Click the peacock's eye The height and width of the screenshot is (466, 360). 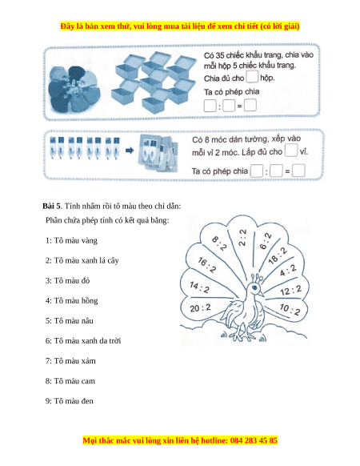coord(254,287)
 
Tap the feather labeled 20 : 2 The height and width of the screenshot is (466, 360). coord(201,308)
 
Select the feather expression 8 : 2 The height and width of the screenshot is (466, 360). coord(219,243)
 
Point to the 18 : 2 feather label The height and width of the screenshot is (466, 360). coord(278,255)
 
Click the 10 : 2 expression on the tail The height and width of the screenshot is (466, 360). coord(290,309)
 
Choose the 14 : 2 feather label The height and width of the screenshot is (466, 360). coord(199,287)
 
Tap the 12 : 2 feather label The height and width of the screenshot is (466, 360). coord(290,291)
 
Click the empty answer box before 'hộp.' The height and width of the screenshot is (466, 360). coord(252,77)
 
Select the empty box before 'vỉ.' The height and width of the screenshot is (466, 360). coord(291,151)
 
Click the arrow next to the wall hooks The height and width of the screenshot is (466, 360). coord(130,151)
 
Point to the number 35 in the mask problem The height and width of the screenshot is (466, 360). coord(220,55)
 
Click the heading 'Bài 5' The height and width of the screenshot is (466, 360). coord(51,206)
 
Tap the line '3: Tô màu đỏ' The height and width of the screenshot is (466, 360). coord(67,280)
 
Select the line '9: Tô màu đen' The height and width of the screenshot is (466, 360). coord(70,401)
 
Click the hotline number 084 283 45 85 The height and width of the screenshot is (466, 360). coord(254,440)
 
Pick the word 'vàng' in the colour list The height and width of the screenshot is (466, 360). coord(89,241)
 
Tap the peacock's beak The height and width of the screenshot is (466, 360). coord(260,293)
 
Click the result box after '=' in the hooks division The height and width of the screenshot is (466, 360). coord(298,171)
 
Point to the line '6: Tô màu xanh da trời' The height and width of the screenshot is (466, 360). coord(83,340)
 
